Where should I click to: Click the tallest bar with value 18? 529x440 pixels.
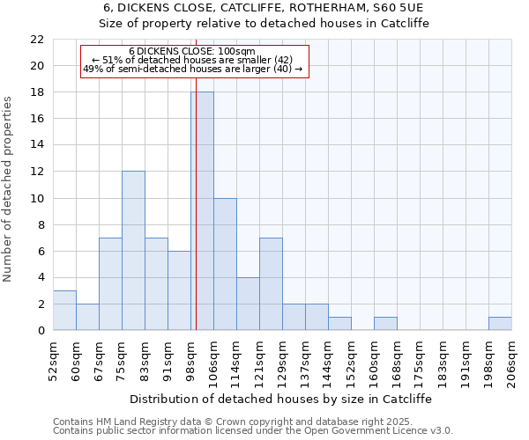(202, 211)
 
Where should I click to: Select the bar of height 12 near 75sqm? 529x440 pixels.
(133, 251)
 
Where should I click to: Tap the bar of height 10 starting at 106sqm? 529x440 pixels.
(225, 264)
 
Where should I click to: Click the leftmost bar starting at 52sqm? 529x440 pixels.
(64, 311)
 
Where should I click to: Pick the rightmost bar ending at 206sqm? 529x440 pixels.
(500, 324)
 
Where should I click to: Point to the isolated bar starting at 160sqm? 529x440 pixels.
(385, 324)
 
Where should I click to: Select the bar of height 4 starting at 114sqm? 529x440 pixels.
(248, 304)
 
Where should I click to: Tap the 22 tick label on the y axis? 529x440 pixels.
(36, 40)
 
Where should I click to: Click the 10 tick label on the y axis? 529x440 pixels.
(36, 198)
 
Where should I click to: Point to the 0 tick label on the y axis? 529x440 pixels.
(40, 331)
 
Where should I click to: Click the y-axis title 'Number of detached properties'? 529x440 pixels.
(9, 190)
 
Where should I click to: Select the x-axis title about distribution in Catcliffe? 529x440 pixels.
(282, 399)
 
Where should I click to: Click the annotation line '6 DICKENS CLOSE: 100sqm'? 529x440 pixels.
(192, 51)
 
